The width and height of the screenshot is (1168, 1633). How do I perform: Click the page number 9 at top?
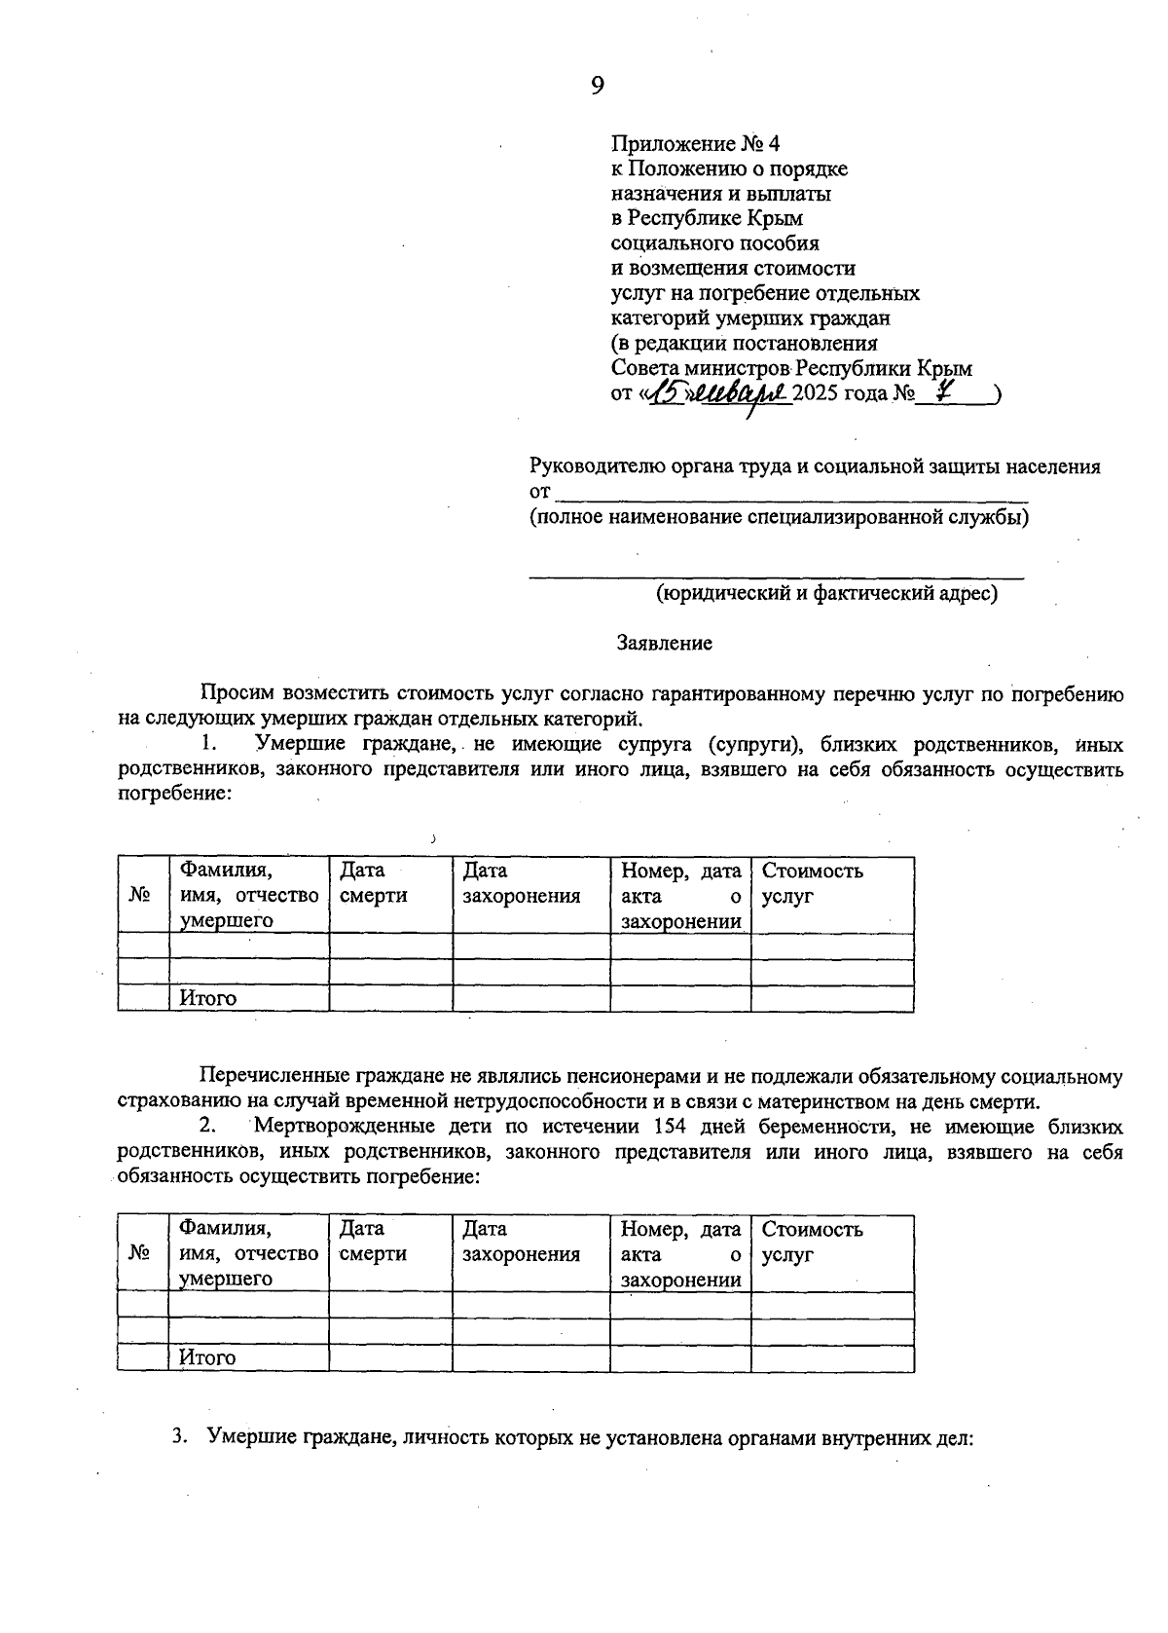click(x=598, y=87)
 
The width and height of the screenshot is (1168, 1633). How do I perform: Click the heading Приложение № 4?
click(x=695, y=144)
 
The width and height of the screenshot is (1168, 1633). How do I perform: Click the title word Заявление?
click(x=664, y=643)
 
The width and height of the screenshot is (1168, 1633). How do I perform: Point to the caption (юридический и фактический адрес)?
click(x=826, y=592)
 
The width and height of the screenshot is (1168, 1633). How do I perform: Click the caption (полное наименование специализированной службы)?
click(x=779, y=517)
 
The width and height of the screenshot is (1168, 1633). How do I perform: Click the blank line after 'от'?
click(x=788, y=494)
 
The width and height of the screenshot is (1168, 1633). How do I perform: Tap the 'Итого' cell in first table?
click(x=208, y=998)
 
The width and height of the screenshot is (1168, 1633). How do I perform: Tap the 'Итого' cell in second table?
click(x=208, y=1357)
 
